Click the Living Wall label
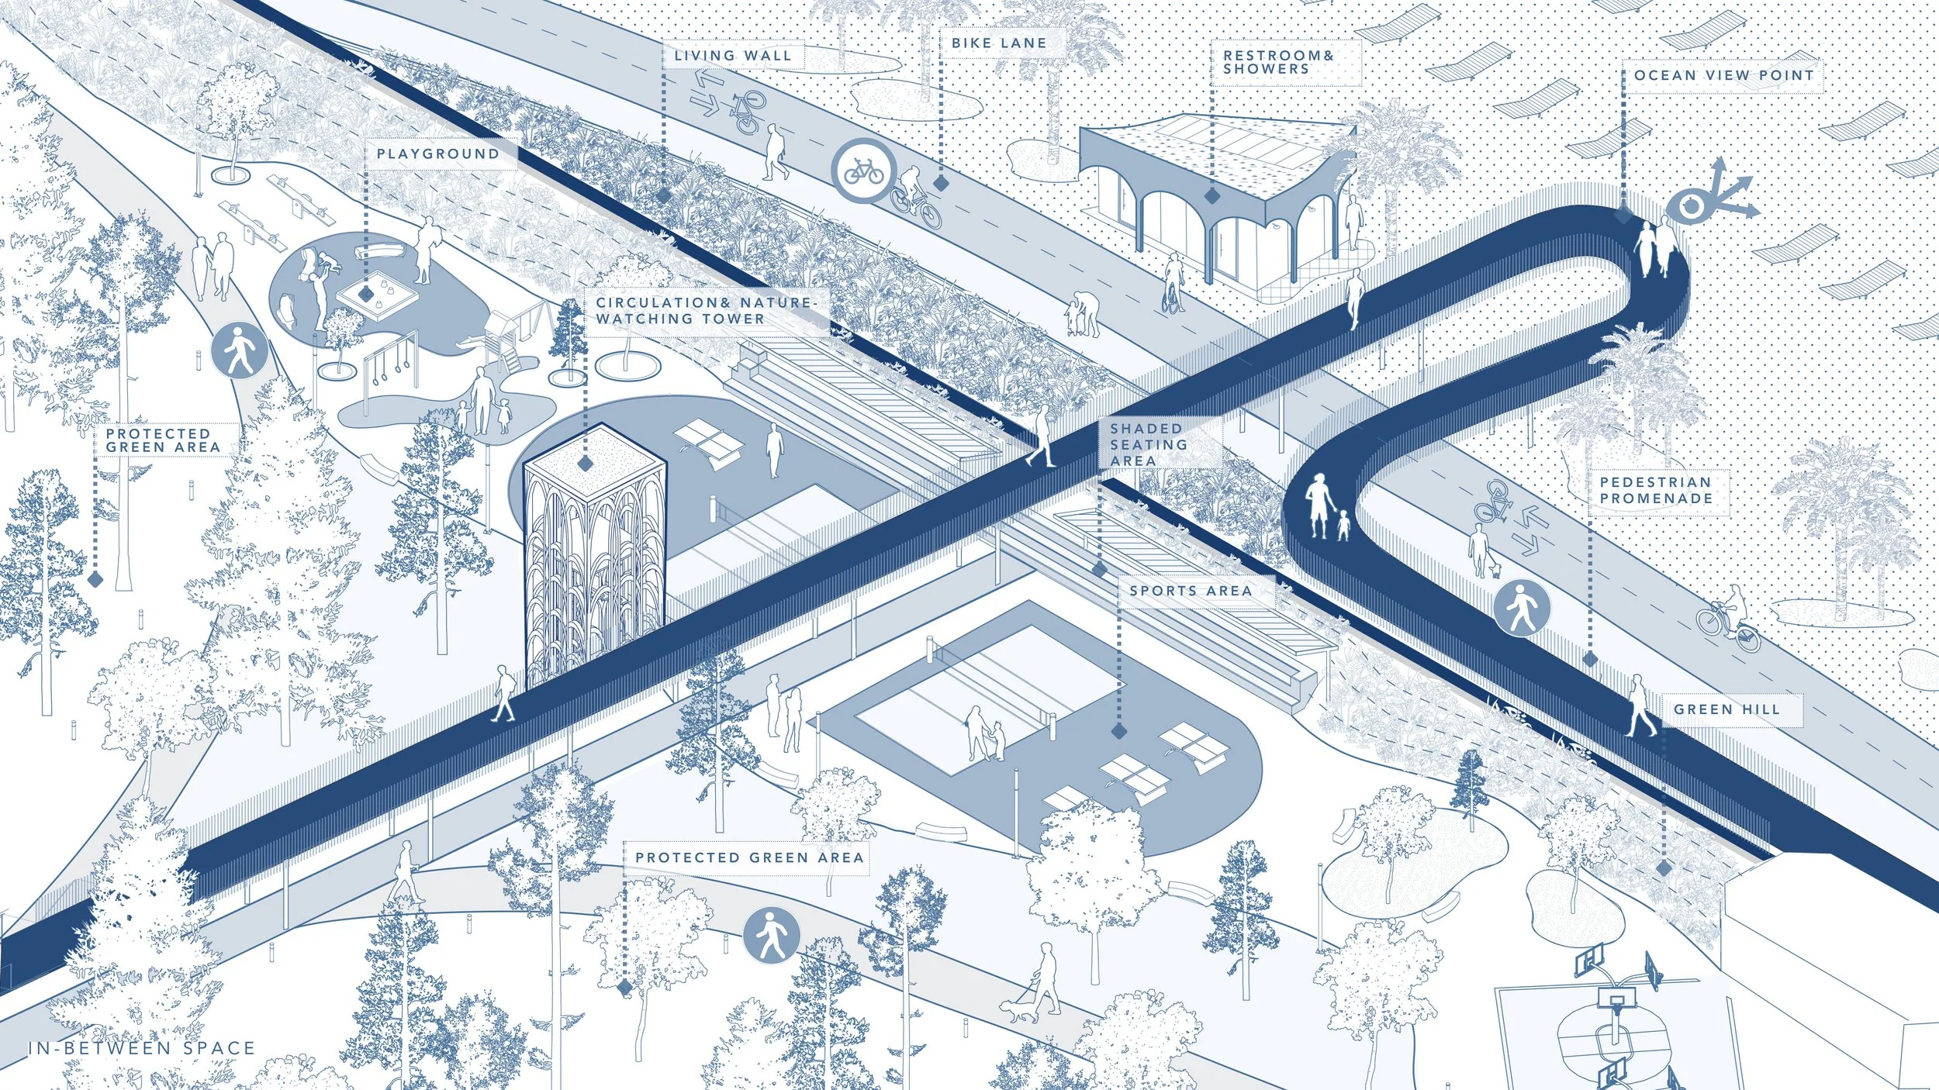733,56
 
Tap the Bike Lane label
999,43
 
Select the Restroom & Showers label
1278,62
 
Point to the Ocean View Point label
1724,75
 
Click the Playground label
438,153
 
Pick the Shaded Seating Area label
1148,444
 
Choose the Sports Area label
1191,591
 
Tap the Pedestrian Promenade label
1656,490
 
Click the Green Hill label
1726,709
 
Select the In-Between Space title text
141,1048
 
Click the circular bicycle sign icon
864,171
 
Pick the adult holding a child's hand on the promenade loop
1319,505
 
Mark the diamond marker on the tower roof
586,464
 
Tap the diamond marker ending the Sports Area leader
1118,731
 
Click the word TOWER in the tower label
734,319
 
